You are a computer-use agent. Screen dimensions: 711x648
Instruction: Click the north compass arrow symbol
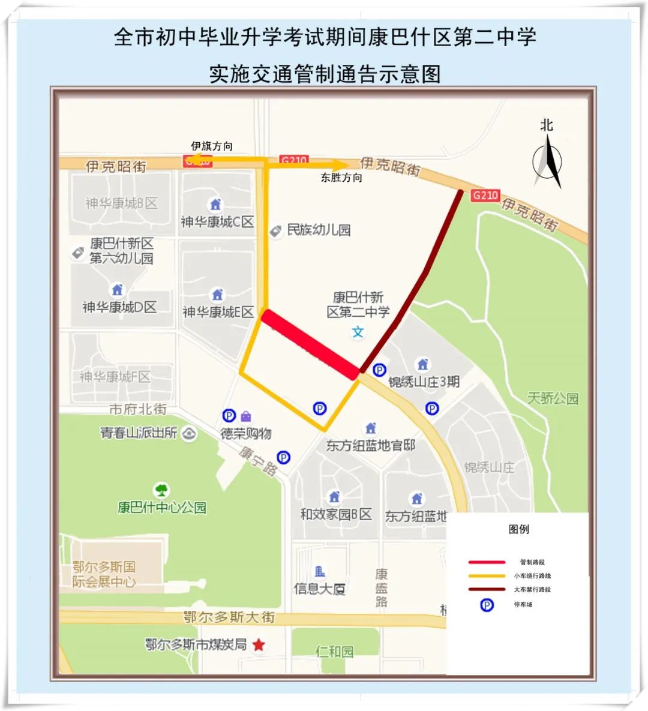[547, 161]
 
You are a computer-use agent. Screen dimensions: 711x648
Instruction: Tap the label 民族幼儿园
[319, 230]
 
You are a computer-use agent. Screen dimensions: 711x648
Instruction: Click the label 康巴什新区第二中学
[358, 305]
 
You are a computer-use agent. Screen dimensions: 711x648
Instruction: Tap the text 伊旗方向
[212, 146]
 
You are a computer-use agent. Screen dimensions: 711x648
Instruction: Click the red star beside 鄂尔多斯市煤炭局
[259, 645]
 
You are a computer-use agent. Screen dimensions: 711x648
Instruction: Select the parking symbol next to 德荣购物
[229, 415]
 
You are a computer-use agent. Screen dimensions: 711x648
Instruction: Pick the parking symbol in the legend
[487, 605]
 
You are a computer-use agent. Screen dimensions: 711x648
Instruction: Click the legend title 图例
[518, 529]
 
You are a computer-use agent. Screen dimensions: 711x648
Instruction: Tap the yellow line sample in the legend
[487, 576]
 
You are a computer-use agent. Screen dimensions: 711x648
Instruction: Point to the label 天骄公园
[553, 398]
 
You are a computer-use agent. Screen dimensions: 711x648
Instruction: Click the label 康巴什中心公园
[162, 508]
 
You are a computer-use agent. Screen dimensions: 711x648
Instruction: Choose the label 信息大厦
[320, 589]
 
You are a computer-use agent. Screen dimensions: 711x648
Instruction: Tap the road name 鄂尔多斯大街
[229, 617]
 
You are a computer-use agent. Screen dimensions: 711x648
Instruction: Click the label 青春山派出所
[139, 433]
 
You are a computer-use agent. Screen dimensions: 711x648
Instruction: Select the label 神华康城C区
[217, 221]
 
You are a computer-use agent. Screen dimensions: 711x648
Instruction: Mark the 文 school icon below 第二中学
[358, 332]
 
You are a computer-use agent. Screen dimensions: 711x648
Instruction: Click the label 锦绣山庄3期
[424, 381]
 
